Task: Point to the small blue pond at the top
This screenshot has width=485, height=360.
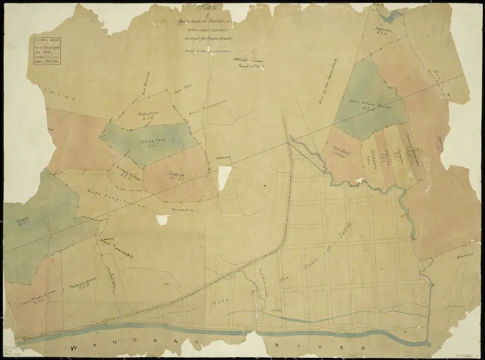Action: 394,16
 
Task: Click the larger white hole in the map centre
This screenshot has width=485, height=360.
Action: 224,179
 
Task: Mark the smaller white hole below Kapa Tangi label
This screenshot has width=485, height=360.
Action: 163,219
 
